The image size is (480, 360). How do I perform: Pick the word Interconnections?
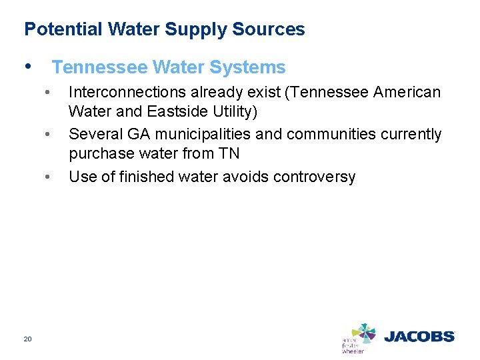[x=125, y=92]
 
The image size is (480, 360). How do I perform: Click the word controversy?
[x=317, y=177]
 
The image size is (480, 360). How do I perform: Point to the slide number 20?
[x=27, y=339]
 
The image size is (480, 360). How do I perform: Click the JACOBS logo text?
[x=419, y=337]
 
